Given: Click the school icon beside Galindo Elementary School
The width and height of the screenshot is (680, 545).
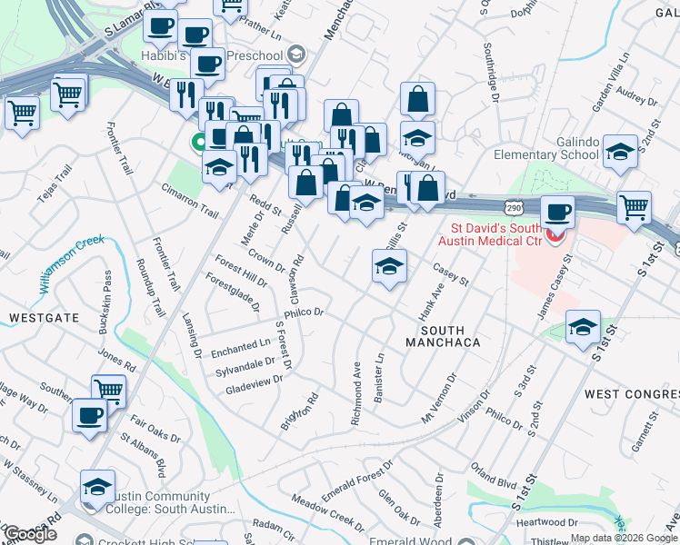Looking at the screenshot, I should pos(620,153).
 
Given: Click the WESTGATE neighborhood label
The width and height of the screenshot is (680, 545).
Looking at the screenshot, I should pos(39,318).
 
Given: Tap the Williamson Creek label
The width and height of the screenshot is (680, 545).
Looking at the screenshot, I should pos(72,263).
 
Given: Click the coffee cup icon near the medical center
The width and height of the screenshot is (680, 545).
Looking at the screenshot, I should pos(557,213).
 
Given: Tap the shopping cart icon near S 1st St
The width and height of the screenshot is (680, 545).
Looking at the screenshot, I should pos(635,206).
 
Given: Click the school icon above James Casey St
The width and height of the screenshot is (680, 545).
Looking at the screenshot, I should pos(582,327).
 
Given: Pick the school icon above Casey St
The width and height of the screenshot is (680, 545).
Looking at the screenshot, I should pos(389,267).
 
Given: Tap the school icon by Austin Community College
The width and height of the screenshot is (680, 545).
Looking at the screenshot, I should pos(97,486).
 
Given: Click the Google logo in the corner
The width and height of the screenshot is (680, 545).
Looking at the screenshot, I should pos(29,533).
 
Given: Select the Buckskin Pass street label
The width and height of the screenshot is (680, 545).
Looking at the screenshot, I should pos(107,289).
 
